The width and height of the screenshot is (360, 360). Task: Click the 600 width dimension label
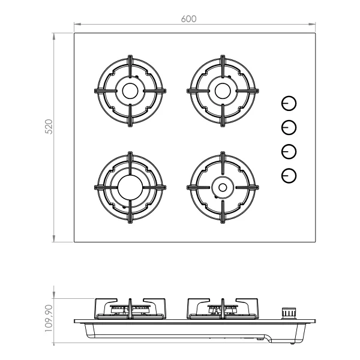[x=188, y=19]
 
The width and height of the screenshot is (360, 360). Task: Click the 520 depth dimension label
[x=49, y=127]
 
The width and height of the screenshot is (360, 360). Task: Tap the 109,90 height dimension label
[x=49, y=318]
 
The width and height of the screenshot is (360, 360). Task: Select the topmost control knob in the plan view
[x=289, y=103]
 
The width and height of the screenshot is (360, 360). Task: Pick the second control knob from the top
[x=289, y=127]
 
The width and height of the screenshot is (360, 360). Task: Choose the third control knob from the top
[x=289, y=152]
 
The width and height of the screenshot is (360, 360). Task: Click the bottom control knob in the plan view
[x=289, y=176]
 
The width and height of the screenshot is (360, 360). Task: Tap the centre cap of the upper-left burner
[x=130, y=91]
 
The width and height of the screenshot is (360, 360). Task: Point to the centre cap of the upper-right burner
[x=223, y=91]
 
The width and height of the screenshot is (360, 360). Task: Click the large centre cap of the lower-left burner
[x=130, y=188]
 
